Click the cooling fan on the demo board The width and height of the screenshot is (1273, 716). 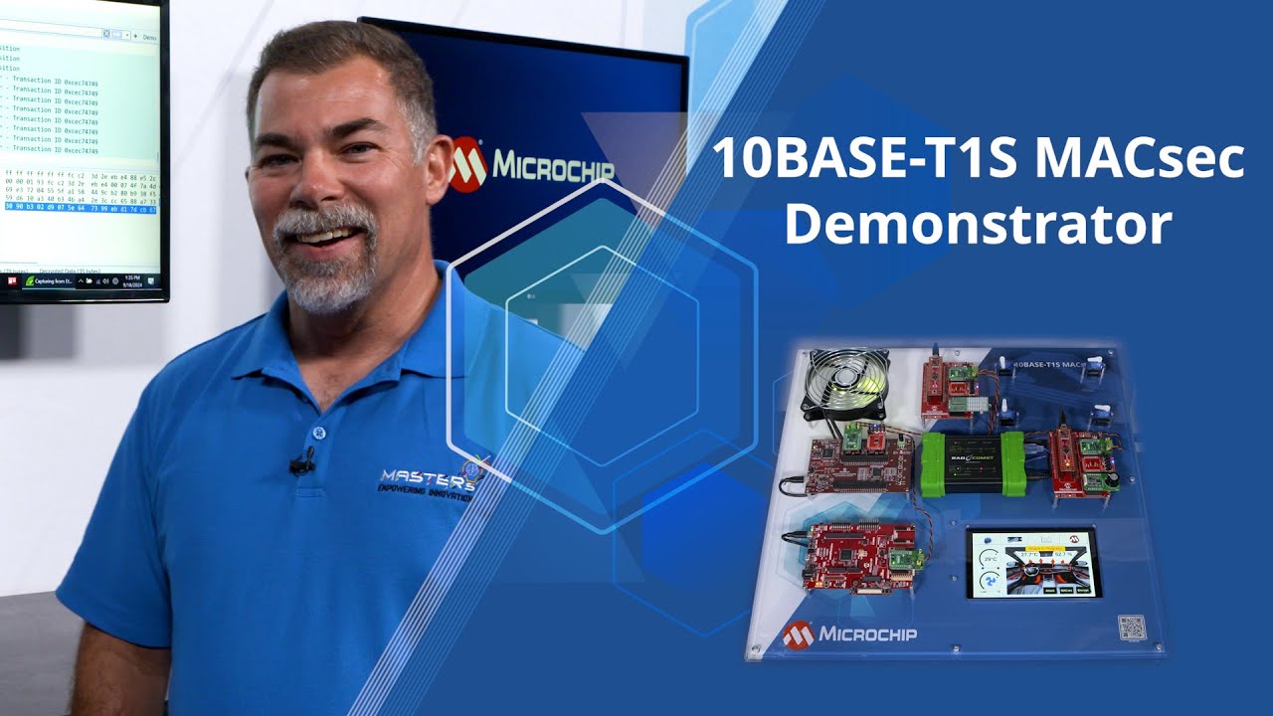pos(845,388)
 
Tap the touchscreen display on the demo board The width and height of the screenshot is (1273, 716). pos(1033,563)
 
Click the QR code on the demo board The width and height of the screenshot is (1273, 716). pos(1132,627)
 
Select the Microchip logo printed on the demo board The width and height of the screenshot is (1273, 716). pos(849,633)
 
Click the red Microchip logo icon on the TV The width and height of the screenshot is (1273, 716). pos(467,164)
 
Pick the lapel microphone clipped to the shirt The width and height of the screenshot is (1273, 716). pos(302,463)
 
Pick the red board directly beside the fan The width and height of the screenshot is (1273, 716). pos(949,383)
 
